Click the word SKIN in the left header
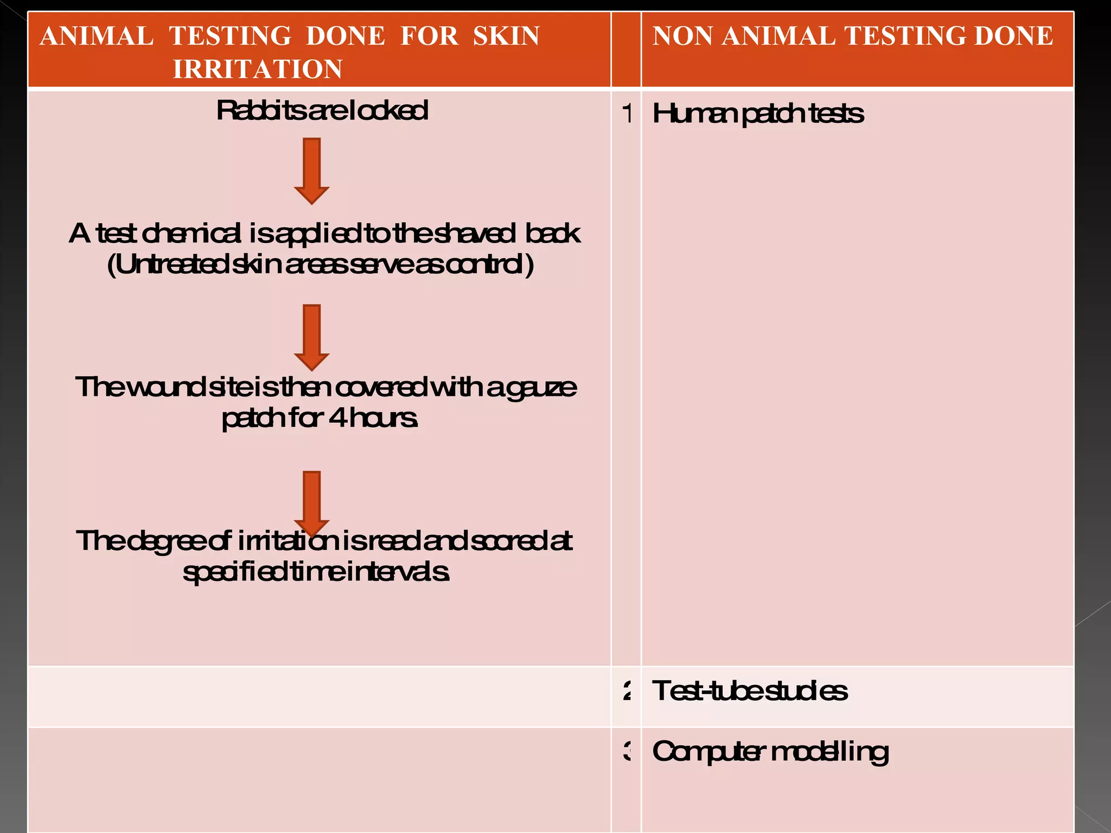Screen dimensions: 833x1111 pos(506,36)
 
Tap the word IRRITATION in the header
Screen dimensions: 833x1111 pos(257,69)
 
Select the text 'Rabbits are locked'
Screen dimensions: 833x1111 pos(322,111)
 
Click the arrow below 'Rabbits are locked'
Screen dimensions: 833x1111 pos(311,170)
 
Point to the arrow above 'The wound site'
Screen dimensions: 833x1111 pos(311,337)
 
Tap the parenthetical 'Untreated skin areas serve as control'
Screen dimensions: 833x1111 pos(321,265)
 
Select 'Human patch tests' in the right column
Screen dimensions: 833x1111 pos(757,114)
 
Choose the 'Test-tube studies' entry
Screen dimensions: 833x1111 pos(749,691)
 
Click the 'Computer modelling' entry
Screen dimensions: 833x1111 pos(770,752)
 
